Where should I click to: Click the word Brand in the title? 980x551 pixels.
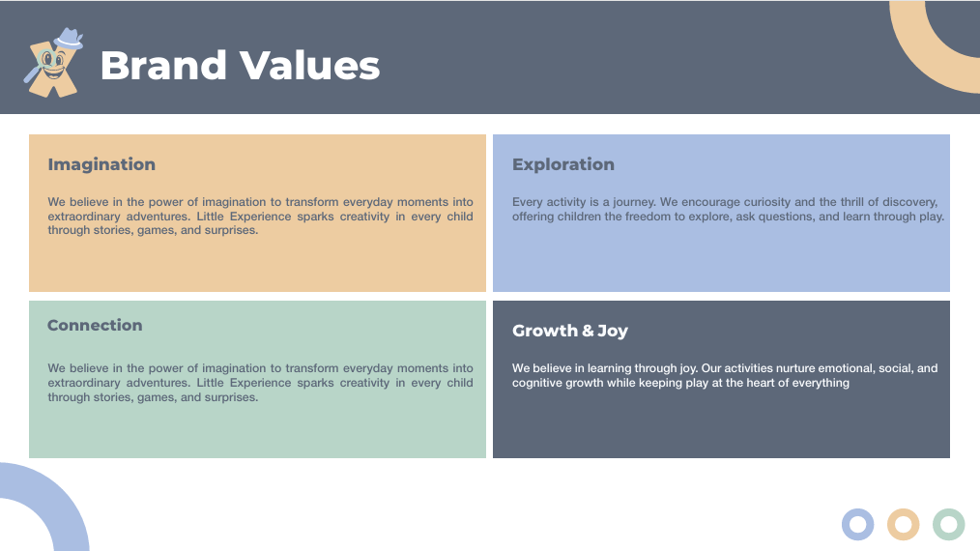(x=163, y=65)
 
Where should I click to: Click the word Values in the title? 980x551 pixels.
(x=309, y=65)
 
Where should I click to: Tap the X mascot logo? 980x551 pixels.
(x=53, y=63)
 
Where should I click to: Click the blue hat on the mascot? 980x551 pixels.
(x=68, y=38)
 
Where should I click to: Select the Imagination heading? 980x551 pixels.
(x=101, y=164)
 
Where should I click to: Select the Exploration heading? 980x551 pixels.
(x=563, y=164)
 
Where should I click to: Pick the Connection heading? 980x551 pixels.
(x=95, y=325)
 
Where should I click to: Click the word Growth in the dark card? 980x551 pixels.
(x=541, y=331)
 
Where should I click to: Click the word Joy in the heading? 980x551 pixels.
(x=612, y=331)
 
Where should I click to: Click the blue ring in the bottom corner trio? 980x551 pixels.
(x=857, y=524)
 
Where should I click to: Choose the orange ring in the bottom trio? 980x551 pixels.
(x=903, y=524)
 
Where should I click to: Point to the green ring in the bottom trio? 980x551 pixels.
(x=949, y=524)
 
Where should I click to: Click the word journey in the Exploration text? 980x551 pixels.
(x=633, y=202)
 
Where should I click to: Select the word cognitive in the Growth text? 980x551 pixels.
(x=537, y=383)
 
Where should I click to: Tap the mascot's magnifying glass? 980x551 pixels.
(x=40, y=66)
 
